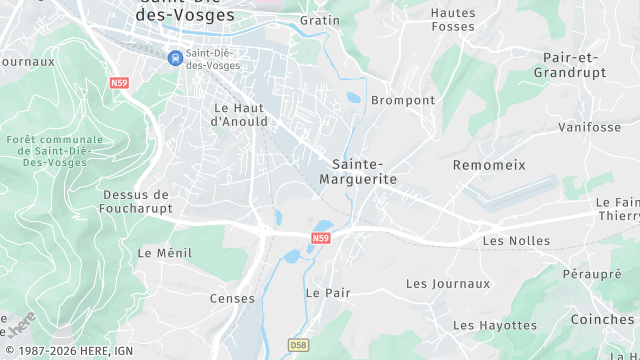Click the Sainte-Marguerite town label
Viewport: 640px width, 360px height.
point(357,171)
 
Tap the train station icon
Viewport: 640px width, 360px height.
point(176,58)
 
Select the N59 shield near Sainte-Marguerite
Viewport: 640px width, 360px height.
point(320,238)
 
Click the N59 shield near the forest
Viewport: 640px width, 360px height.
point(120,83)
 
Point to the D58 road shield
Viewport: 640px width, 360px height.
point(298,345)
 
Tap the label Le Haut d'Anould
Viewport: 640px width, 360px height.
point(240,114)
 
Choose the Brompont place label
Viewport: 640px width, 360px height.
point(403,101)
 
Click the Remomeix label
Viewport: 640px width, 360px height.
point(489,164)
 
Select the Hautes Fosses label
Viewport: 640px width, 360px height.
point(453,19)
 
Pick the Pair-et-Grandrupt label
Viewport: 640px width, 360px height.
point(570,65)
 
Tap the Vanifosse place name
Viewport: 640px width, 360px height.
point(589,127)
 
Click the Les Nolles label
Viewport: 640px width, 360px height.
point(516,241)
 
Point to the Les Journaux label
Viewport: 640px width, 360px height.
point(448,284)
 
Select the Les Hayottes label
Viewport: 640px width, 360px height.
point(495,325)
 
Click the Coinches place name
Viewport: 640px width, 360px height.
point(602,320)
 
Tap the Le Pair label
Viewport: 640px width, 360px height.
point(327,293)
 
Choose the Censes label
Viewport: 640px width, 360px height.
point(232,299)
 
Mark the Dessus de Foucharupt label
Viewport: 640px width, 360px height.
point(138,201)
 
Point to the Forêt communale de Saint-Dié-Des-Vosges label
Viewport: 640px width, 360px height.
point(54,150)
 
